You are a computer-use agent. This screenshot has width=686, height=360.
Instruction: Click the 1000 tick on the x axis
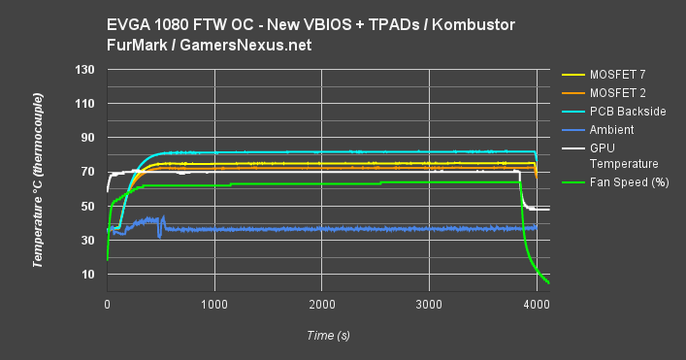tap(214, 305)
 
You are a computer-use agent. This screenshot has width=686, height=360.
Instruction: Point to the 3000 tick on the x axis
tap(430, 305)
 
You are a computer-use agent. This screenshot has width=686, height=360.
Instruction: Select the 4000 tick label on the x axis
tap(537, 305)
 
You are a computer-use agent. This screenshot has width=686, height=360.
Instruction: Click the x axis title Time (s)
tap(323, 336)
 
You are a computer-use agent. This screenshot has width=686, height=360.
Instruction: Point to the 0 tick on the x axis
tap(107, 305)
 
